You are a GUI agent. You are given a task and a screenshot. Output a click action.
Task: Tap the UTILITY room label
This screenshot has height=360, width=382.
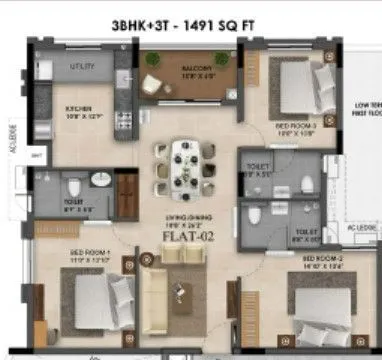point(82,66)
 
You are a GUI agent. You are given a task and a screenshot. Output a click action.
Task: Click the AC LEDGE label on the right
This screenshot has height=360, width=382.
point(358,228)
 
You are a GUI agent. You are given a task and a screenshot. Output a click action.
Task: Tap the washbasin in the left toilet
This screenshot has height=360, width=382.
point(101,179)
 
